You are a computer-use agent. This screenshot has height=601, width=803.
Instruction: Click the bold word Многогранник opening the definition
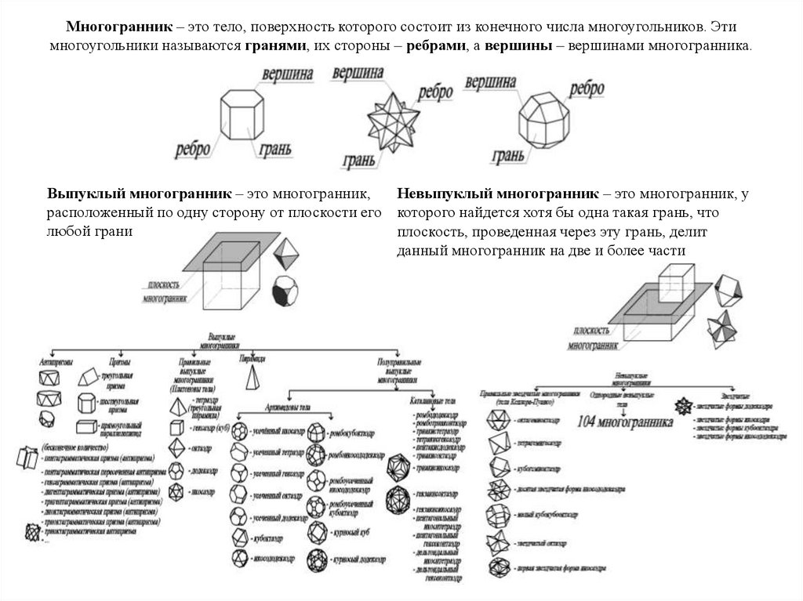107,27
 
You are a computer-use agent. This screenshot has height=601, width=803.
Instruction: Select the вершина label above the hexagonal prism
287,74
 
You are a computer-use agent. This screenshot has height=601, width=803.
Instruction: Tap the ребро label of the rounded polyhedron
586,90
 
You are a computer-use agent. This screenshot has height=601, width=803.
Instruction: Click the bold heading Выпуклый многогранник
138,194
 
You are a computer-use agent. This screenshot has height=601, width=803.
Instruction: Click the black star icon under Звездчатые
682,407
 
